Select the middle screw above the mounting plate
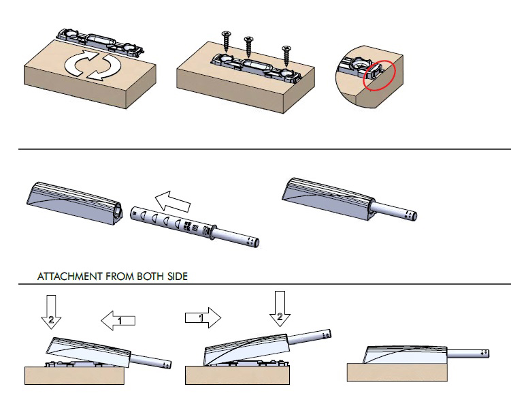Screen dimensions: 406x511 (249, 46)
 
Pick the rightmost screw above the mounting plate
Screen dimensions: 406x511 (286, 55)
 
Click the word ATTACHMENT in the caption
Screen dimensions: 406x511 (69, 277)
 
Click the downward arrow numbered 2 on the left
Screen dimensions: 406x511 (51, 310)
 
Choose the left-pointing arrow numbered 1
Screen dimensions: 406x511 (118, 319)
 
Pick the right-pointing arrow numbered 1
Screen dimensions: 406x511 (203, 317)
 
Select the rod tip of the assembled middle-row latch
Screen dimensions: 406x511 (410, 215)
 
